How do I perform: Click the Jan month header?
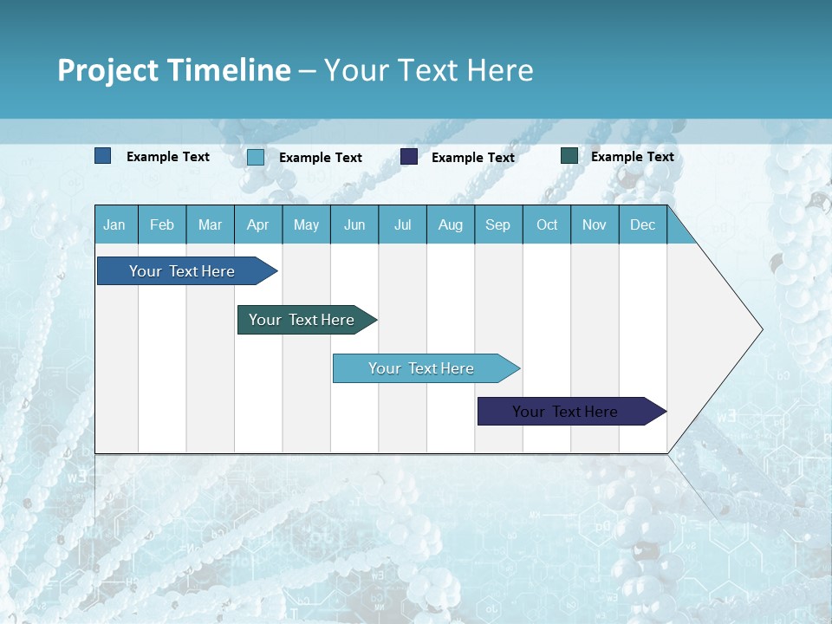(x=114, y=224)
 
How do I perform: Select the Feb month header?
(x=162, y=224)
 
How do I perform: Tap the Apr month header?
(x=257, y=224)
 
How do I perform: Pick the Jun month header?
(x=354, y=224)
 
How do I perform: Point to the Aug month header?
(x=450, y=224)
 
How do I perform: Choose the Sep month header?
(x=497, y=224)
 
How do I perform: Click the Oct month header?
(x=547, y=224)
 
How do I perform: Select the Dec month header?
(x=642, y=224)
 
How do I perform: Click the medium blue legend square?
(x=103, y=156)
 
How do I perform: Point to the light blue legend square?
(x=256, y=157)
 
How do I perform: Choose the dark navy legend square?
(x=409, y=157)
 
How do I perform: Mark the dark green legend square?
(x=569, y=156)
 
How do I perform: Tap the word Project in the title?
(x=108, y=70)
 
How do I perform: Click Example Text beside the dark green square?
(x=632, y=157)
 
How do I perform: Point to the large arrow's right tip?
(x=761, y=329)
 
